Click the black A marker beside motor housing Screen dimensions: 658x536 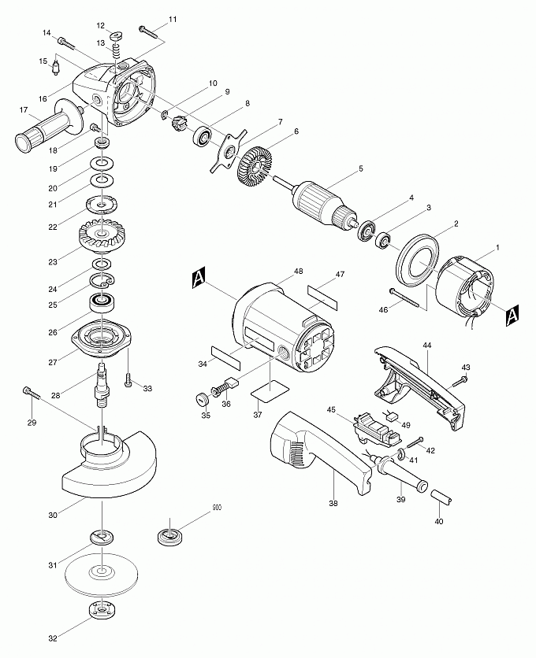(198, 277)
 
